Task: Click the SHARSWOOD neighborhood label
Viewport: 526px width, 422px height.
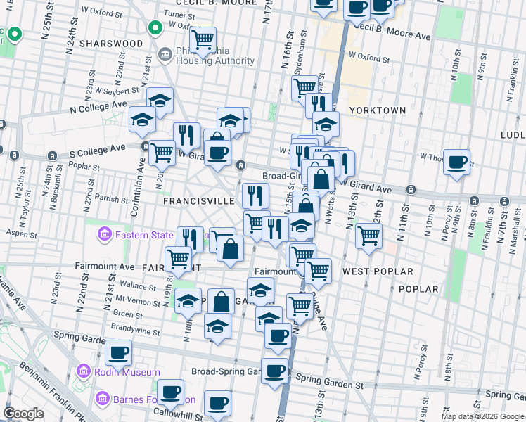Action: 111,43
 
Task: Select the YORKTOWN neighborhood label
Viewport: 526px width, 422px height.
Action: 378,110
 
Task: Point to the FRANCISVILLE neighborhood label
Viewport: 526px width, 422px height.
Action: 198,200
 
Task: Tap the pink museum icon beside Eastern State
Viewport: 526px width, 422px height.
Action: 104,234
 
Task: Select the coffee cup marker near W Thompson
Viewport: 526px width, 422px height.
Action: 457,162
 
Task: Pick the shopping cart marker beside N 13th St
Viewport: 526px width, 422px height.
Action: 368,235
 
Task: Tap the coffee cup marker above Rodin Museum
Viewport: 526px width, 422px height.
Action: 118,352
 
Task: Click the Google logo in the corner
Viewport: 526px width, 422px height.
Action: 24,414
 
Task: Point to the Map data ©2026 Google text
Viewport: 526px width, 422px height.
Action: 482,416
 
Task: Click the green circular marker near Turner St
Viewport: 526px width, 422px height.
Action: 155,29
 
